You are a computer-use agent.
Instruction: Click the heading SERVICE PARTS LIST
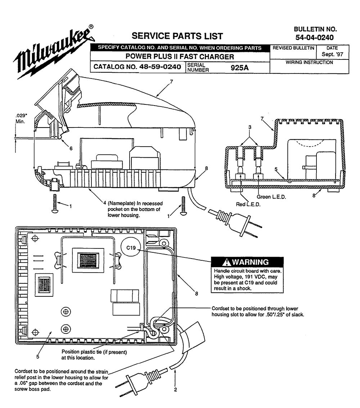[177, 36]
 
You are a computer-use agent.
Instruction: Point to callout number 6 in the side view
[71, 148]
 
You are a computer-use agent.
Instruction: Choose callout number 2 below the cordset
[175, 389]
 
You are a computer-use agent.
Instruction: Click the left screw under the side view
[55, 204]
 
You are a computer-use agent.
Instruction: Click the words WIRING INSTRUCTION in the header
[309, 62]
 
